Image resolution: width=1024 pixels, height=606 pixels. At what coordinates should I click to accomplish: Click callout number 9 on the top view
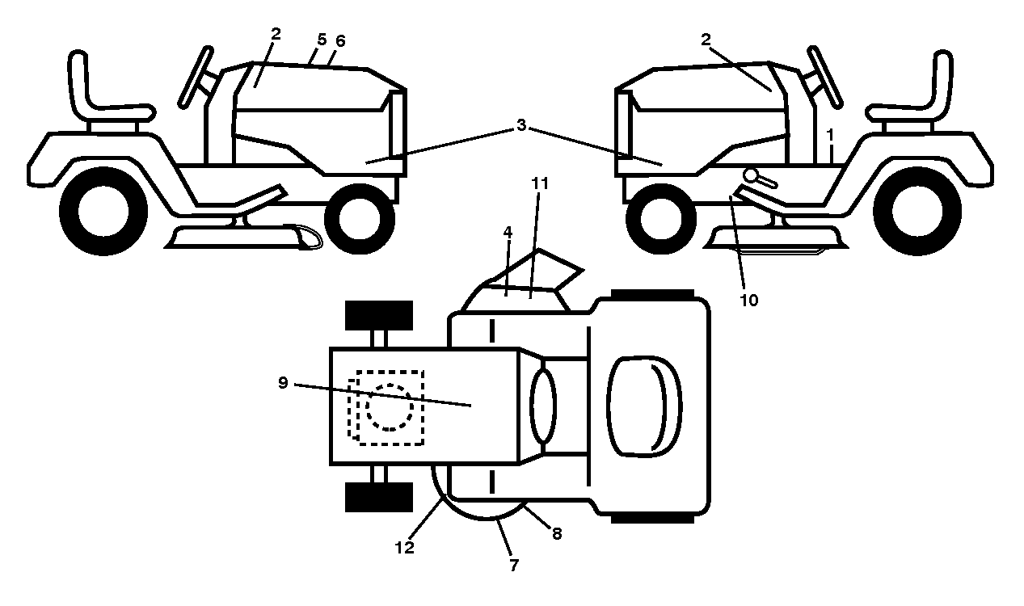(283, 382)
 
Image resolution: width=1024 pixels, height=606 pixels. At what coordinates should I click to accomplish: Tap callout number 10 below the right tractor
(748, 301)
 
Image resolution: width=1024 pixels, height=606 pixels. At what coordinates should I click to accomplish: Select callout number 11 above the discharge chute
(540, 183)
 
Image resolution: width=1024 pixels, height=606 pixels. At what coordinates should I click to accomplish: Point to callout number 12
(405, 548)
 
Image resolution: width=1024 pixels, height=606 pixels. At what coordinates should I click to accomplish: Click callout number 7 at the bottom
(514, 566)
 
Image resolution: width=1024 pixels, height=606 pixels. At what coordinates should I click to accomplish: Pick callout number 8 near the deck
(557, 533)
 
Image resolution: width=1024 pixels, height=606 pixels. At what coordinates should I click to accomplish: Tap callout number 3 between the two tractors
(521, 124)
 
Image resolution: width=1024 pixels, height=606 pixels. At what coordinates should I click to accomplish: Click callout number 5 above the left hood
(322, 40)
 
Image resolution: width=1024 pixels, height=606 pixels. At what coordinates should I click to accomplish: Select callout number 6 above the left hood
(340, 41)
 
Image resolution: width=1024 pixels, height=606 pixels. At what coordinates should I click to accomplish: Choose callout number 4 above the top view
(508, 232)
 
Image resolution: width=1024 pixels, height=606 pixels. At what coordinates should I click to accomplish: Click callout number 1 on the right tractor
(831, 135)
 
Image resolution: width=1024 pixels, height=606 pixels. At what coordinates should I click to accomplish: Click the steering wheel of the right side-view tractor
(824, 77)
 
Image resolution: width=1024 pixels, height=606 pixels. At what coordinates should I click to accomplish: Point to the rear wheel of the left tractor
(103, 211)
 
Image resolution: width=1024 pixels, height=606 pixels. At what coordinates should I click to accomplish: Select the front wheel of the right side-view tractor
(661, 219)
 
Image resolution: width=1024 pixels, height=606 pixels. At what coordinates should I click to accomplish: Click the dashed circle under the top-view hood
(390, 407)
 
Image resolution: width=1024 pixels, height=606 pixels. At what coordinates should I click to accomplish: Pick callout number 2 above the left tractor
(276, 34)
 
